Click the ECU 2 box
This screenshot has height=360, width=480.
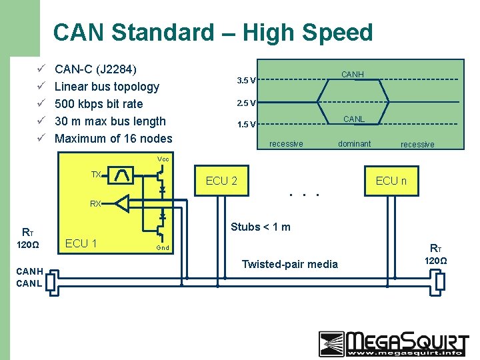click(221, 181)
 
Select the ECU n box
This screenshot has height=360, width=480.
click(391, 181)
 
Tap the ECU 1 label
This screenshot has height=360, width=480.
click(81, 243)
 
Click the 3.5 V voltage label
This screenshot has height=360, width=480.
click(245, 81)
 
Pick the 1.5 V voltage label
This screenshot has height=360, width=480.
click(245, 125)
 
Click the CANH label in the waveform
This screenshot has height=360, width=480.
click(352, 75)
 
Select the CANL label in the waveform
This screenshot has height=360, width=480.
click(353, 119)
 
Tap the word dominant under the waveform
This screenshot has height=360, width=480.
click(354, 144)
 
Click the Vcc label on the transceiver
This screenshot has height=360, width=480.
click(163, 159)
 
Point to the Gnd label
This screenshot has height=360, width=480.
click(163, 248)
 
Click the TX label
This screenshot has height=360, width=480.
click(96, 175)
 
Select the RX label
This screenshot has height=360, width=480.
click(96, 203)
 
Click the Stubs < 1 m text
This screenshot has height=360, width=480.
click(260, 227)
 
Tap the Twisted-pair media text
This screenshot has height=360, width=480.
click(289, 265)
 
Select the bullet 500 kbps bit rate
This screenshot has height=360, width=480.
click(99, 104)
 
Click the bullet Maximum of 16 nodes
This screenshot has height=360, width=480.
click(113, 139)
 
